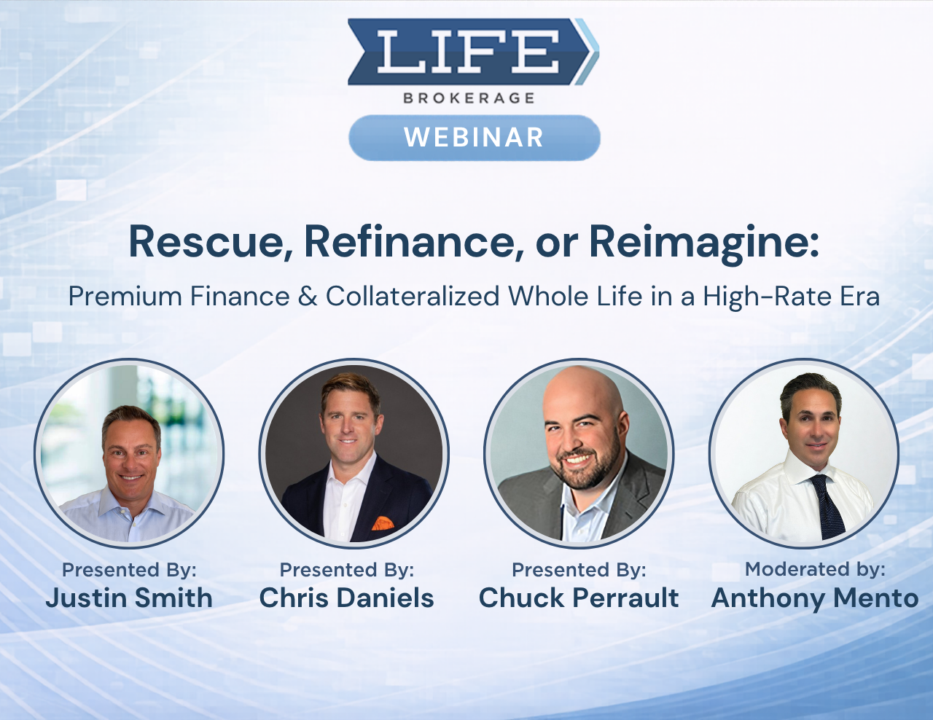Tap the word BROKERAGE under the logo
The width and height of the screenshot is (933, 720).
pyautogui.click(x=469, y=98)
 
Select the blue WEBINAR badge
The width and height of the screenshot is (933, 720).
pyautogui.click(x=474, y=137)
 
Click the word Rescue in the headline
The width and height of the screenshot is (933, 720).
pyautogui.click(x=211, y=241)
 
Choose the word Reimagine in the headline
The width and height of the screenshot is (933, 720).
pyautogui.click(x=703, y=243)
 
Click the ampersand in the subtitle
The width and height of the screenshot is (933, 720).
pyautogui.click(x=308, y=297)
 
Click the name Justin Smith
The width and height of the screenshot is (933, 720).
pyautogui.click(x=129, y=598)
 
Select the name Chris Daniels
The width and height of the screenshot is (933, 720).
pyautogui.click(x=347, y=598)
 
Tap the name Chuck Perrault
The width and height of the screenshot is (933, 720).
pyautogui.click(x=579, y=598)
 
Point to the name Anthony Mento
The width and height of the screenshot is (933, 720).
pyautogui.click(x=815, y=598)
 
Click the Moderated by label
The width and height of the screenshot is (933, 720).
pyautogui.click(x=815, y=569)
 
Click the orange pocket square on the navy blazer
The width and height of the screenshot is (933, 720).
pyautogui.click(x=383, y=523)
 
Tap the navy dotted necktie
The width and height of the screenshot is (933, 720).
pyautogui.click(x=827, y=506)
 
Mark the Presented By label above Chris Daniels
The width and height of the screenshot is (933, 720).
pyautogui.click(x=347, y=570)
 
